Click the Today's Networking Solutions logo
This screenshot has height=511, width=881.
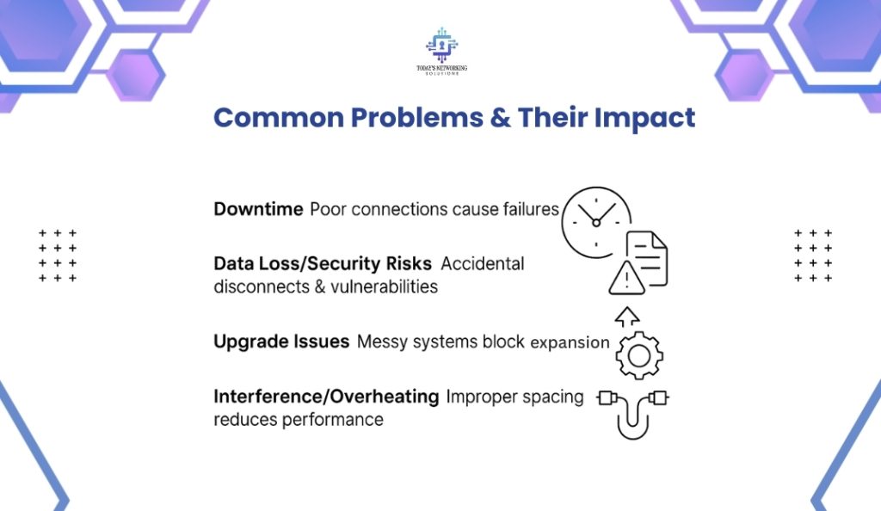(x=441, y=51)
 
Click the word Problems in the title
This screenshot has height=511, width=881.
(x=417, y=118)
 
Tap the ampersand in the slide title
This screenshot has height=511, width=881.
(x=500, y=118)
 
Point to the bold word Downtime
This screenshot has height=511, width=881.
(x=258, y=209)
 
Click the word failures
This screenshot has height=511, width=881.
(x=530, y=209)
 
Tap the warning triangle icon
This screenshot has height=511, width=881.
(x=626, y=278)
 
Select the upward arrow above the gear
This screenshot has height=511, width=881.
(x=627, y=317)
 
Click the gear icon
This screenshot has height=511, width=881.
(x=639, y=355)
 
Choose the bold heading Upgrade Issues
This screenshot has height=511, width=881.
(x=281, y=342)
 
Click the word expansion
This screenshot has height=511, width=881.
(x=570, y=342)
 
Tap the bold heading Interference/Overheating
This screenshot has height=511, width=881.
(x=326, y=397)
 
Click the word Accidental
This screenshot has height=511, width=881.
(x=482, y=263)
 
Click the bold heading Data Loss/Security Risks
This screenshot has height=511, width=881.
(x=323, y=263)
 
